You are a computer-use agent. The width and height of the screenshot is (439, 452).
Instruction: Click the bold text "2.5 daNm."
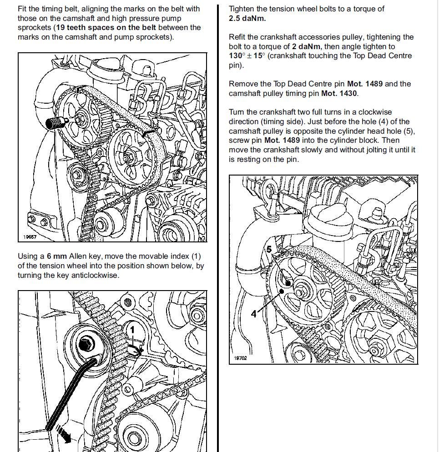coord(247,18)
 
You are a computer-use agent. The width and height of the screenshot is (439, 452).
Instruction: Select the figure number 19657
coord(30,237)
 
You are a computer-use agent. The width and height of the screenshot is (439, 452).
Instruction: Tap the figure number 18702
coord(240,358)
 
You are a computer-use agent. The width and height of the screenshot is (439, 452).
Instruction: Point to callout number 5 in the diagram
coord(269,249)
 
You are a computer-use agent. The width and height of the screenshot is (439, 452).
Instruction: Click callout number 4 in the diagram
coord(253,314)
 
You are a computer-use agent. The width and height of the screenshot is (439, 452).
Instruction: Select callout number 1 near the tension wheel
coord(133,327)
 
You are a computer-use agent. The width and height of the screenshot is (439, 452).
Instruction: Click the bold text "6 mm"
coord(57,256)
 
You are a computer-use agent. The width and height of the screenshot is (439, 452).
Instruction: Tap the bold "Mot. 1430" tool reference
coord(340,93)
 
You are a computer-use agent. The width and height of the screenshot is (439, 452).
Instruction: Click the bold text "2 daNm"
coord(307,46)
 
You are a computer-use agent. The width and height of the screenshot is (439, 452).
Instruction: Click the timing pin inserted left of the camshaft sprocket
coord(56,122)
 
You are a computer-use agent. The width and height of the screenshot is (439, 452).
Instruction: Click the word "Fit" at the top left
coord(23,9)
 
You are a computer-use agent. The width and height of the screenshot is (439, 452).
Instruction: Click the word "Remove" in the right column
coord(243,84)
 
